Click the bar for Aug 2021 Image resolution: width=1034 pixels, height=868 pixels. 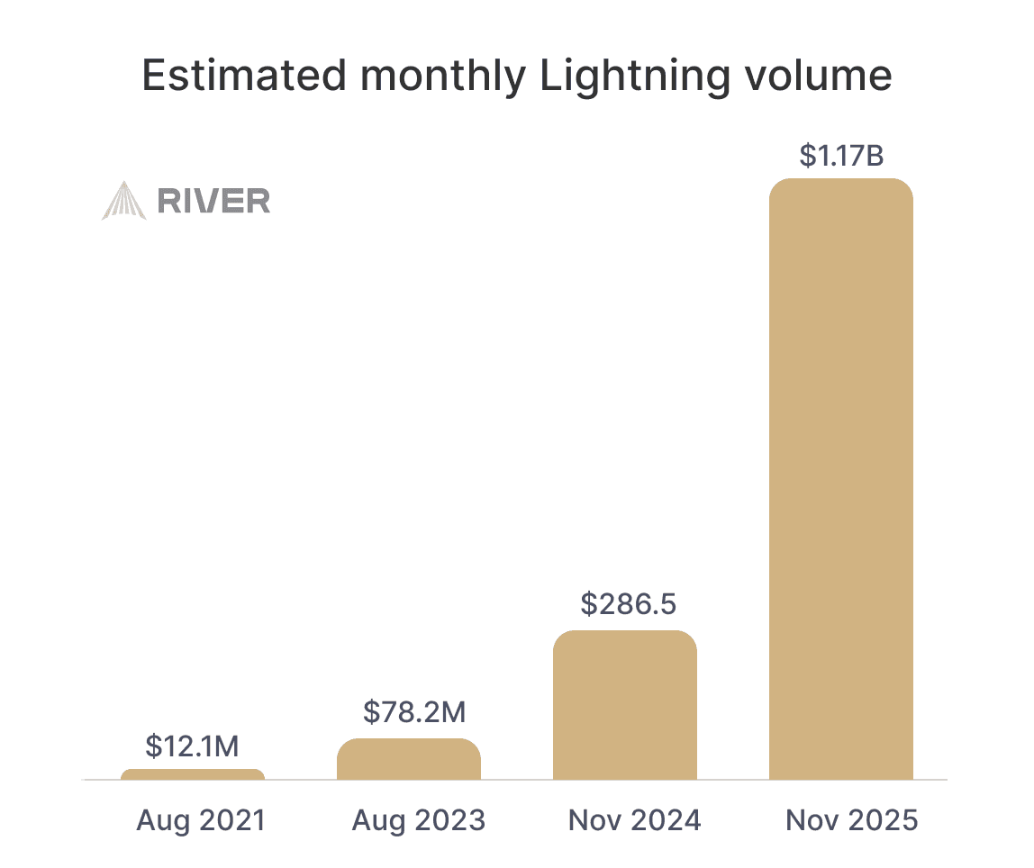pos(192,774)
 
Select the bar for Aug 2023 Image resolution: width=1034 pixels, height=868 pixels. pos(408,759)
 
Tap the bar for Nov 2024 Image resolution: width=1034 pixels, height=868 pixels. pos(624,705)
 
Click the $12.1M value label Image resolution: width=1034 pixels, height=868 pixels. pos(192,746)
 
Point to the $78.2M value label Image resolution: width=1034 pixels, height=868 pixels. pos(414,712)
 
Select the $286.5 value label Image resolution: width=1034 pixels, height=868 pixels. pos(628,604)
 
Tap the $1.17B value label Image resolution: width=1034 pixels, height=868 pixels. pos(841,155)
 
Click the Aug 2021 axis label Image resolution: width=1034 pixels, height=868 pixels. pos(201,820)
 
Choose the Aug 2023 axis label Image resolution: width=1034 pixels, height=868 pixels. pos(418,820)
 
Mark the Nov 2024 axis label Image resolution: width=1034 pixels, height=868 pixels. pos(634,820)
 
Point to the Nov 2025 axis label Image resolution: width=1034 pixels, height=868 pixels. pos(851,820)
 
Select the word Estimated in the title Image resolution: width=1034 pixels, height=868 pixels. pos(243,77)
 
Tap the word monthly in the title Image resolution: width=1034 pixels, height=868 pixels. pos(441,77)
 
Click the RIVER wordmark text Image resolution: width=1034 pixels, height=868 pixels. pos(213,201)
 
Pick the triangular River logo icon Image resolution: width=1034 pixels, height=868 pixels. pos(123,201)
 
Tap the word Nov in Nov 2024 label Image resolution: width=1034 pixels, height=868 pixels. pos(595,820)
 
